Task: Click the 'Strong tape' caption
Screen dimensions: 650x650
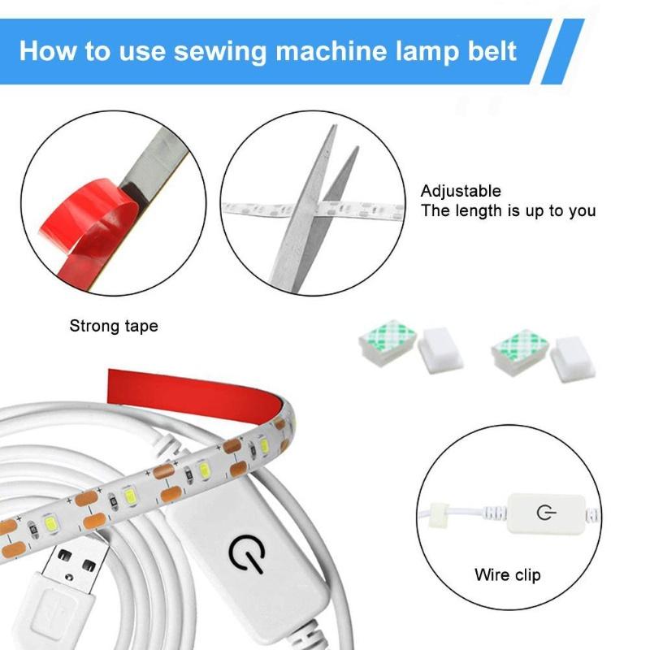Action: click(x=113, y=327)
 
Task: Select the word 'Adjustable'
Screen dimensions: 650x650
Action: click(x=460, y=192)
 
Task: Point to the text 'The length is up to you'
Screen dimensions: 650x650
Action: click(x=508, y=211)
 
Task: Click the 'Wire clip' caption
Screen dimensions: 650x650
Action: click(x=507, y=575)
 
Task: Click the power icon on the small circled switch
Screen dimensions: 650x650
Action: click(x=544, y=513)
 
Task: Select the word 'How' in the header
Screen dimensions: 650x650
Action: click(x=45, y=51)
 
